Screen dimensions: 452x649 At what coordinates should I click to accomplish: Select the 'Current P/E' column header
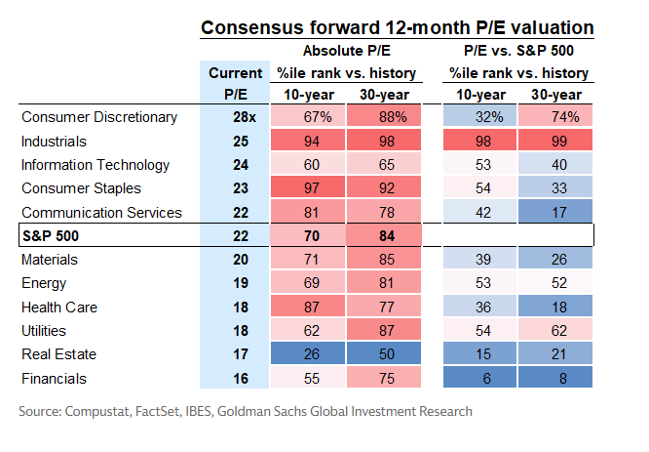(x=235, y=83)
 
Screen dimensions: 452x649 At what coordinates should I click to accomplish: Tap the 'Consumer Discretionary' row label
(x=99, y=117)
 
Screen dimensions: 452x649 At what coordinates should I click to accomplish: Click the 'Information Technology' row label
(x=95, y=165)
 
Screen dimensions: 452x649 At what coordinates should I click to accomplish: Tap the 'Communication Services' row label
(x=101, y=212)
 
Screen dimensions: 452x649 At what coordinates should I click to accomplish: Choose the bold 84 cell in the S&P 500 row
(x=387, y=236)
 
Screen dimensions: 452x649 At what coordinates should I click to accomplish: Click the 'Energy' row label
(x=43, y=283)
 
